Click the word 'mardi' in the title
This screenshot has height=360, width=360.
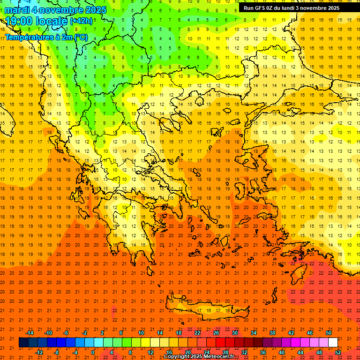coord(17,10)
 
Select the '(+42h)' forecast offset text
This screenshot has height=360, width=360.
coord(82,21)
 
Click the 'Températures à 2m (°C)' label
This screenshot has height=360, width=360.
coord(46,37)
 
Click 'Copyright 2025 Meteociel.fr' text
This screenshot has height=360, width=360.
coord(199,357)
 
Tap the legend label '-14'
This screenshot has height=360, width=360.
coord(30,333)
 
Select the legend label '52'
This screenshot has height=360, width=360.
coord(338,352)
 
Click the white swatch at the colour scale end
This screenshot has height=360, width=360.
coord(333,343)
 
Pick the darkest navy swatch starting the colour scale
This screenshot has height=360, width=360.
coord(23,343)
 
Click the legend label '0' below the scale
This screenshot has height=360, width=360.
coord(92,352)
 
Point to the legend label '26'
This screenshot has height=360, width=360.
coord(216,333)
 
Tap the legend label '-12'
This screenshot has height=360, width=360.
coord(39,352)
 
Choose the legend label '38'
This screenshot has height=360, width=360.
coord(272,333)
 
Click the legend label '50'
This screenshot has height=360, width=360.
coord(329,333)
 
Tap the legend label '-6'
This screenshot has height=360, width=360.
coord(66,333)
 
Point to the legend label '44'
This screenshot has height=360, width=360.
coord(300,352)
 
